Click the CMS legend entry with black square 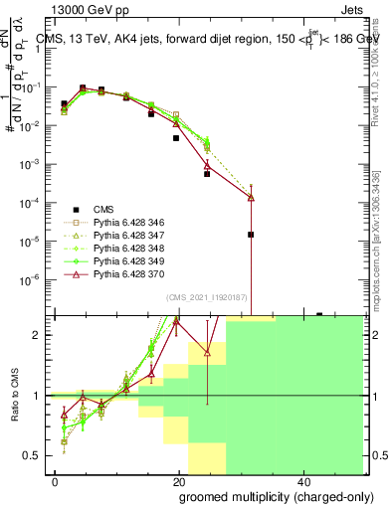coord(103,209)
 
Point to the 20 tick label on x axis coord(178,481)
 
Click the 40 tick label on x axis coord(302,481)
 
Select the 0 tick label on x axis coord(56,481)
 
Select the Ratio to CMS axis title coord(13,396)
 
